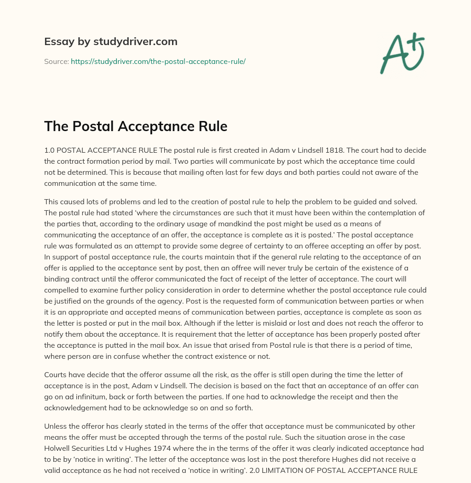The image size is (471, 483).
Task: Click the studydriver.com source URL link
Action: [x=158, y=61]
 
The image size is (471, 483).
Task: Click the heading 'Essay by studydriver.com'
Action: [x=110, y=41]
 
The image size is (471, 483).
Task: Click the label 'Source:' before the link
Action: [x=56, y=61]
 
